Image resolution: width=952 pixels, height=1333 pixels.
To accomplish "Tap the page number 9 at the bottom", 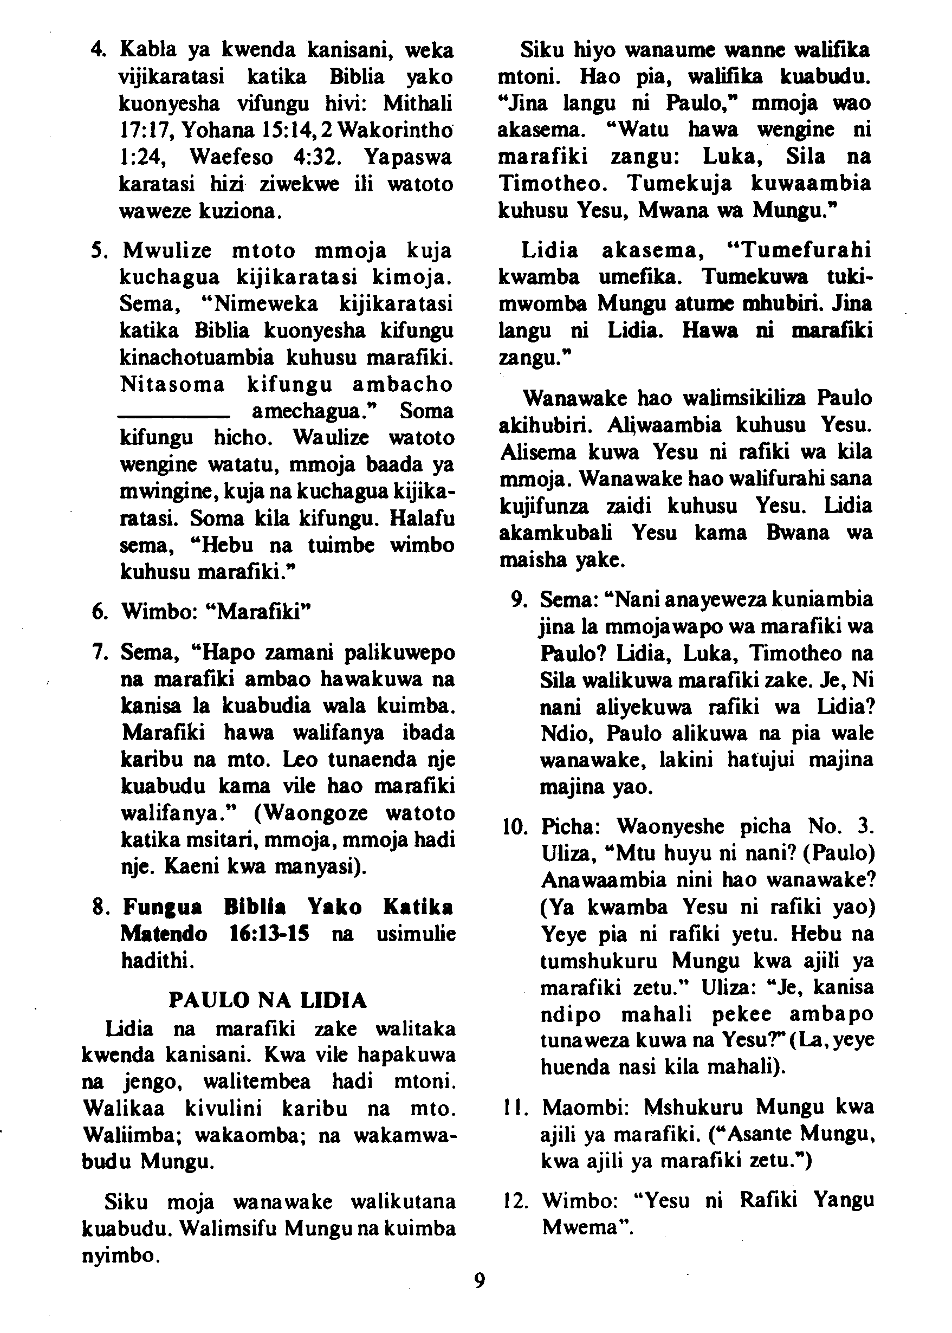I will [480, 1281].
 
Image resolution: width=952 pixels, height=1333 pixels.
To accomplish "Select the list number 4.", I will [98, 50].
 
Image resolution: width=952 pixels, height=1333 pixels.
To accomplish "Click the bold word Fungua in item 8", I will [163, 907].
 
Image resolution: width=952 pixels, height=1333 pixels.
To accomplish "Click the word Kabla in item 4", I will [148, 50].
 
